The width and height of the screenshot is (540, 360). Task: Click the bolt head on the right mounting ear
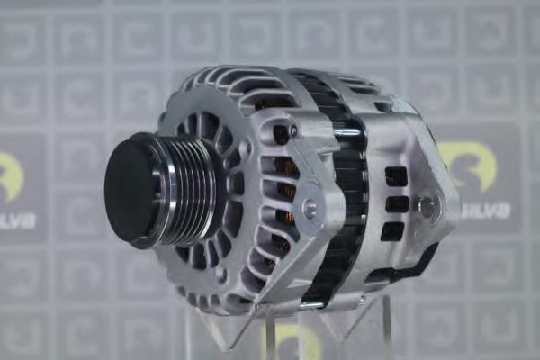427,208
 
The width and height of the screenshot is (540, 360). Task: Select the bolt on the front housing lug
310,208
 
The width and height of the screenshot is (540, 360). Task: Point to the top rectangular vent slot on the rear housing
396,175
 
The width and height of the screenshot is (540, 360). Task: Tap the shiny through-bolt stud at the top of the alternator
346,134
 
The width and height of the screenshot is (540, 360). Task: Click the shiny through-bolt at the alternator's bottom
310,304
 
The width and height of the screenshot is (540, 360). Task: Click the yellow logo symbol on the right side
484,170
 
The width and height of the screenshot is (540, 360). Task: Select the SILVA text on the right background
487,210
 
